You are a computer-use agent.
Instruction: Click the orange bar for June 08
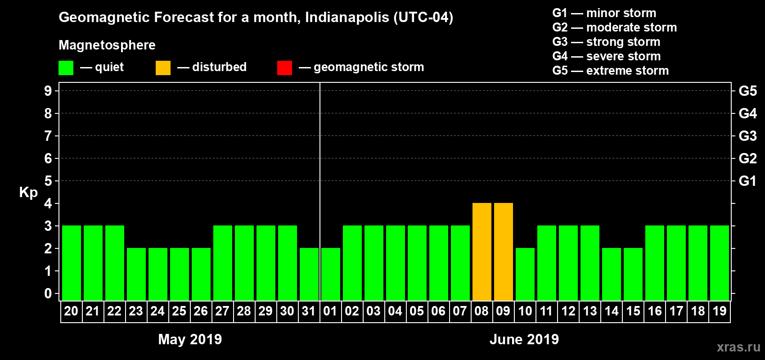(481, 252)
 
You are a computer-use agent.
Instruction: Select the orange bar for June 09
(503, 252)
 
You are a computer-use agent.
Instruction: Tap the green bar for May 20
(71, 263)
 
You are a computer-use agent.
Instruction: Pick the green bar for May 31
(309, 274)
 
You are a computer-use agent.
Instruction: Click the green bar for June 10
(525, 274)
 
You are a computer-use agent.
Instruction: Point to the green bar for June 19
(719, 263)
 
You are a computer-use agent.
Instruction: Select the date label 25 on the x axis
(179, 311)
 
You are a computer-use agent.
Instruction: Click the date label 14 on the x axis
(611, 311)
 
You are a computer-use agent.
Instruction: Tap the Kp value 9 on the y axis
(48, 91)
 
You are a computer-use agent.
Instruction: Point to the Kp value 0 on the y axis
(48, 293)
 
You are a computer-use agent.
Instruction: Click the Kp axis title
(28, 192)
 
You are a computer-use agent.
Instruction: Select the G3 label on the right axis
(747, 136)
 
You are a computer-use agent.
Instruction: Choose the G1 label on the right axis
(747, 181)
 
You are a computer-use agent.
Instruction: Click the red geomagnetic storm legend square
(284, 68)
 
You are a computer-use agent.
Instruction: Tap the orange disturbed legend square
(163, 68)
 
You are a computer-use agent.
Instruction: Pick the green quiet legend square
(66, 68)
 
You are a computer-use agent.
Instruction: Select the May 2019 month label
(190, 339)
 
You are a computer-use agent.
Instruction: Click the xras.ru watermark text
(738, 347)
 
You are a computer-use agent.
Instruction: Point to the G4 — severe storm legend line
(606, 56)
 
